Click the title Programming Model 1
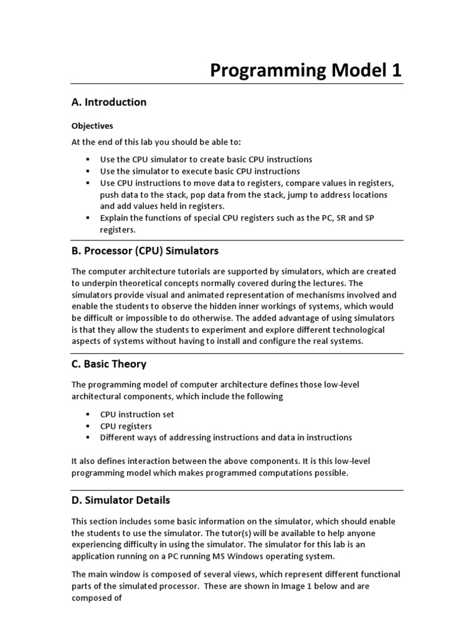click(306, 70)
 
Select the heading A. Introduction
click(109, 102)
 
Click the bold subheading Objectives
click(92, 126)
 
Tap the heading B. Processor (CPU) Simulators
click(144, 251)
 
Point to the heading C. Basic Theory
click(109, 364)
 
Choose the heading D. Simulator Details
click(120, 500)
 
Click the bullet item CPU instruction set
click(137, 414)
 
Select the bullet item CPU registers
click(126, 426)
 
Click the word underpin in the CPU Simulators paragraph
click(100, 283)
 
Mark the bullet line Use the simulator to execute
click(200, 171)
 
